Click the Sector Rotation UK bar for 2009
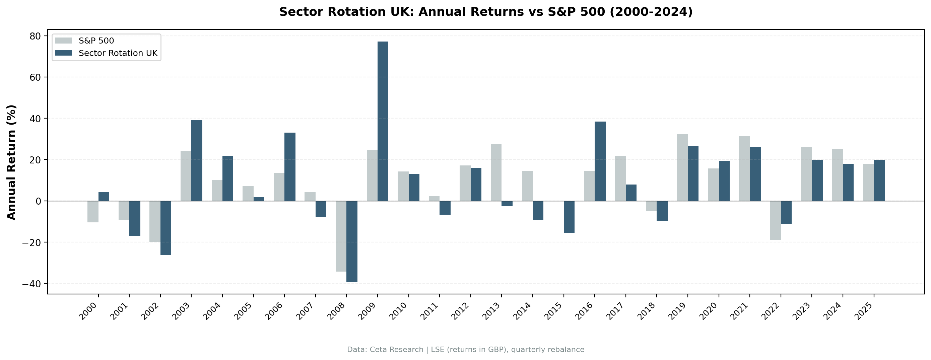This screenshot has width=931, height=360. (x=383, y=121)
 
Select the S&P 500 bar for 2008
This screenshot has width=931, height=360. (x=341, y=236)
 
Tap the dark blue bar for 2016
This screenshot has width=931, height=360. (x=600, y=161)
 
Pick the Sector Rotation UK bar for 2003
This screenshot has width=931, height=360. (x=197, y=160)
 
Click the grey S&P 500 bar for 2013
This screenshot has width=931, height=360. (x=496, y=172)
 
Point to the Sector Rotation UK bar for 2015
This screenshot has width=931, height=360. (x=569, y=217)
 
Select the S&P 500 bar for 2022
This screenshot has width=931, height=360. (x=775, y=220)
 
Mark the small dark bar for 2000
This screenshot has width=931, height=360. (x=104, y=196)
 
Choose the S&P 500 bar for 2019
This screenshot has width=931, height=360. (x=682, y=167)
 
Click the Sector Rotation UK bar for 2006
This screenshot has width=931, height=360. (x=290, y=167)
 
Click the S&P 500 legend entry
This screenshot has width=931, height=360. (x=96, y=41)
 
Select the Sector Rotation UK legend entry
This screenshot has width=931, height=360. (x=118, y=53)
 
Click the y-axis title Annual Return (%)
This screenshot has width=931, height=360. (x=12, y=162)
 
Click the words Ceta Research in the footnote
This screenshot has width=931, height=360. (x=396, y=350)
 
